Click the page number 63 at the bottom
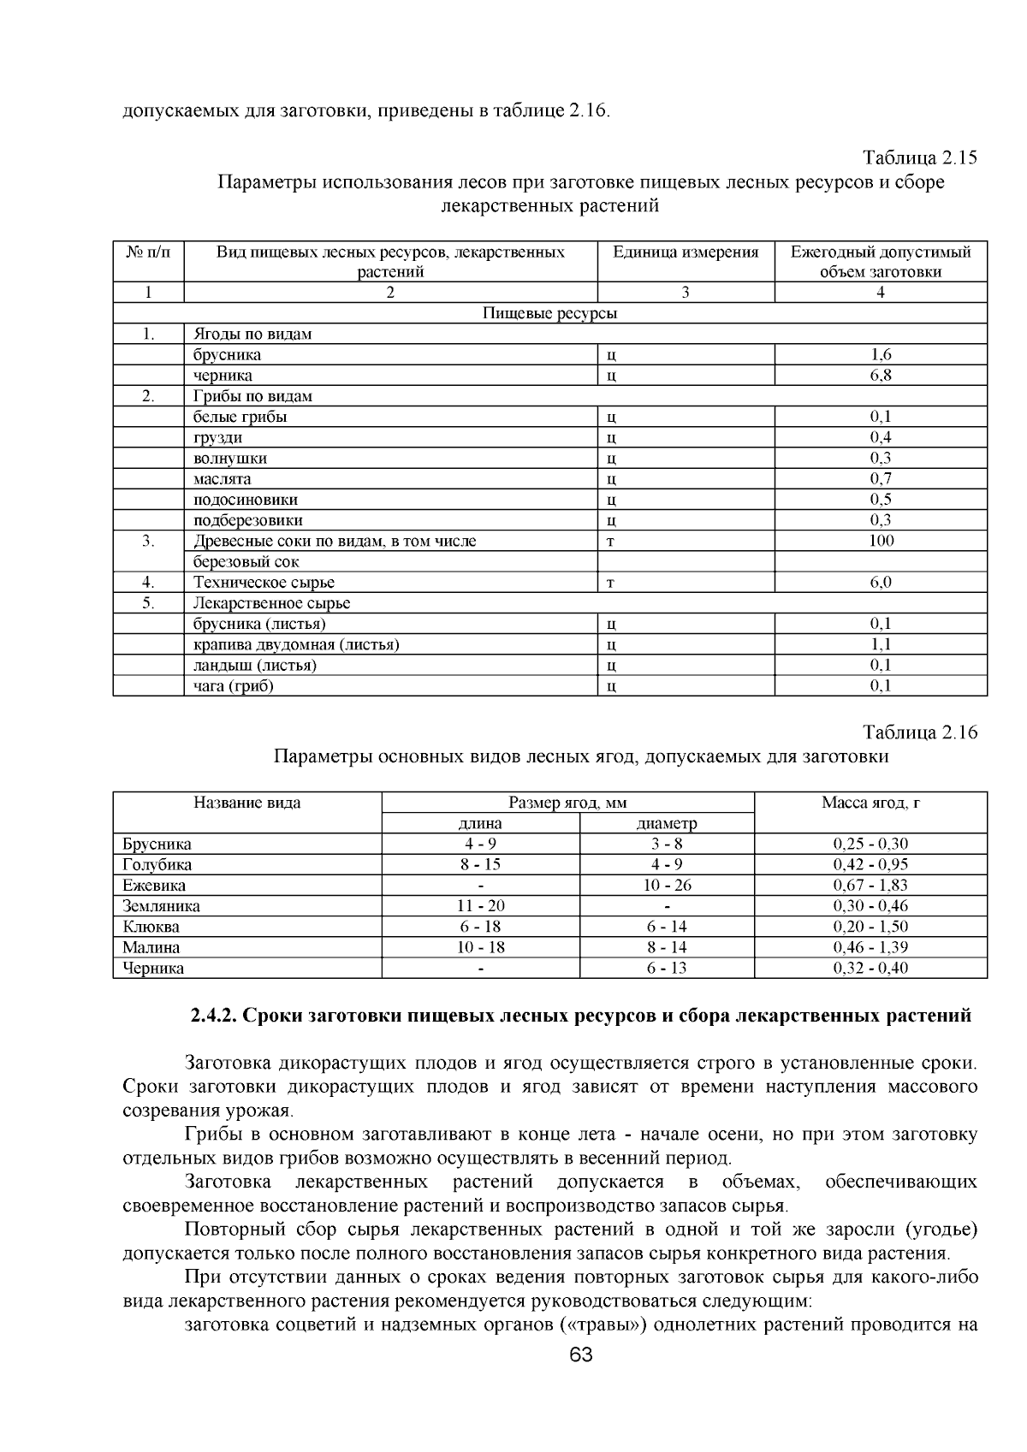(x=580, y=1355)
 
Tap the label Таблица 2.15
(x=920, y=158)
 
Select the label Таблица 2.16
(x=920, y=733)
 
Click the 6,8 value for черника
(x=881, y=376)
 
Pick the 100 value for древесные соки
(x=881, y=541)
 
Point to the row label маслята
(x=223, y=479)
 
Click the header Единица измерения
(x=686, y=252)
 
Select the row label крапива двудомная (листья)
(x=296, y=644)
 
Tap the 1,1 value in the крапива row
(x=881, y=644)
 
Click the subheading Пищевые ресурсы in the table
(x=549, y=313)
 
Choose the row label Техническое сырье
(x=264, y=583)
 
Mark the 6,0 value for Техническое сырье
(x=881, y=583)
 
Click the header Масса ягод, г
(x=870, y=803)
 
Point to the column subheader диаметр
(x=667, y=824)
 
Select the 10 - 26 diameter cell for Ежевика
(x=667, y=886)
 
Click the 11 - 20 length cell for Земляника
(x=480, y=906)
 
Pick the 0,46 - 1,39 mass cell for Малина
(x=870, y=947)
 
